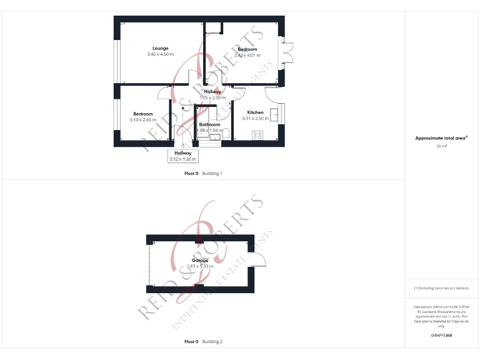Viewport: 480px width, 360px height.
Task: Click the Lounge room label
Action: point(161,48)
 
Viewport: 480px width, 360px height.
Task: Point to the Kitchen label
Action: point(255,112)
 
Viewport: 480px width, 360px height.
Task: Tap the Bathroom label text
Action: point(209,124)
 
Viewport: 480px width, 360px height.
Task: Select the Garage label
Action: point(200,260)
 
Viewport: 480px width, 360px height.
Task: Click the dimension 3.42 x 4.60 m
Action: point(161,54)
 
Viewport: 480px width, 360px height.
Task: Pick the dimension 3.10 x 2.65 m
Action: point(142,119)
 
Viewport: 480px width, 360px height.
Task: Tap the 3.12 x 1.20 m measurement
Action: point(183,159)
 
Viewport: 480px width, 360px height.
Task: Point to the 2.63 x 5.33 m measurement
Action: point(200,266)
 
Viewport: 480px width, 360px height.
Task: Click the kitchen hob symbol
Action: point(257,134)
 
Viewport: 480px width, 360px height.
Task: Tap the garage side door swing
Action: point(261,261)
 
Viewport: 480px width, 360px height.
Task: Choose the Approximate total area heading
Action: point(441,138)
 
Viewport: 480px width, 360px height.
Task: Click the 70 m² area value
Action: point(441,146)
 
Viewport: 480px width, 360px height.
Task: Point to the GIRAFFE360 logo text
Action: point(441,336)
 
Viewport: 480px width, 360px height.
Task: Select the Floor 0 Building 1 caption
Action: point(203,173)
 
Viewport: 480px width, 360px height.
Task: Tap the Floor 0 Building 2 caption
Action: point(203,342)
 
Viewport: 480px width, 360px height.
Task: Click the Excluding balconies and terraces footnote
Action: point(441,288)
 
